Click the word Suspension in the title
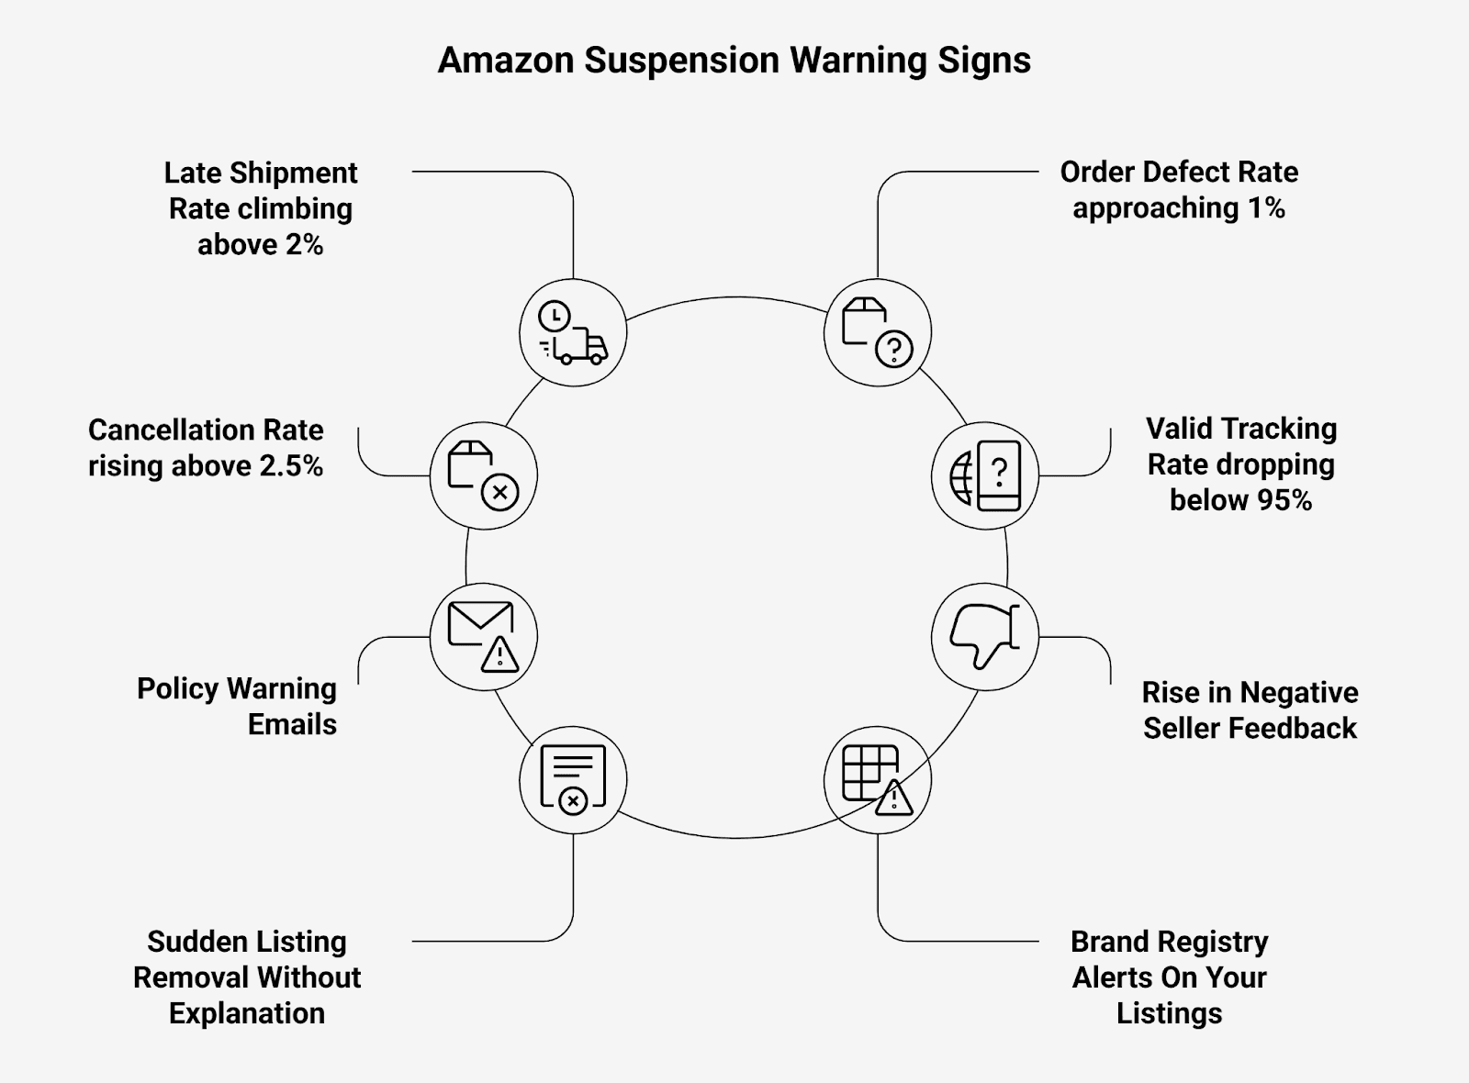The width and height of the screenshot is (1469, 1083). (x=682, y=61)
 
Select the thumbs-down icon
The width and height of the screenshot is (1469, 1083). (x=984, y=636)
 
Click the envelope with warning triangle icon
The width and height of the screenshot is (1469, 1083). (x=483, y=636)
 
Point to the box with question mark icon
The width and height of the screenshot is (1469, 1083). (x=877, y=332)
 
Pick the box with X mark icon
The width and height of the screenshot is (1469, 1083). (x=483, y=475)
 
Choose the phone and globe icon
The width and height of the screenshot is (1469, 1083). (x=984, y=475)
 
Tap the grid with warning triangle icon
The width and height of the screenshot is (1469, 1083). (x=877, y=780)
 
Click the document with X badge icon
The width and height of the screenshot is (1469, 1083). (x=573, y=780)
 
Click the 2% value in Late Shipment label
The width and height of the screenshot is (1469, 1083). (x=299, y=245)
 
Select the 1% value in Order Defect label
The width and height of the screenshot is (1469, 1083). (x=1265, y=208)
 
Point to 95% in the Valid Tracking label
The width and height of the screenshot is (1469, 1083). (x=1285, y=500)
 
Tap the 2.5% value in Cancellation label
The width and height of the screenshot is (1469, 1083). (x=291, y=466)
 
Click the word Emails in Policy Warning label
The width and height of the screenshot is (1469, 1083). (x=292, y=724)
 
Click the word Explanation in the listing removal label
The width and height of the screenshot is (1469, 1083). (x=247, y=1013)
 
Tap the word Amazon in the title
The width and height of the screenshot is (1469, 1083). (x=506, y=61)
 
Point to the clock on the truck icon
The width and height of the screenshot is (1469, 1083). (x=554, y=317)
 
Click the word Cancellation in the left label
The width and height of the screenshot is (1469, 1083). (x=172, y=430)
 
